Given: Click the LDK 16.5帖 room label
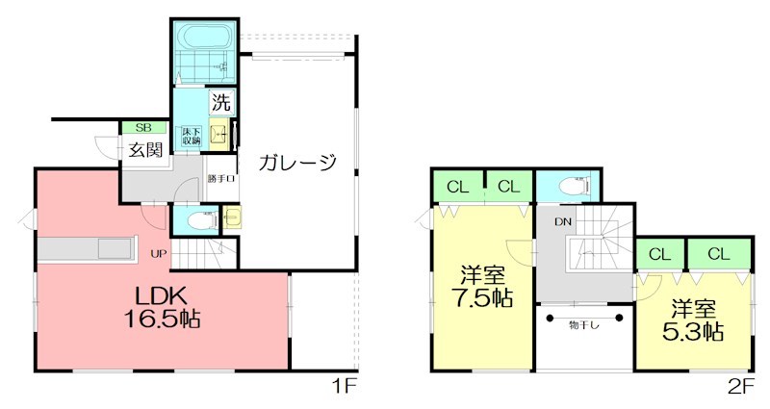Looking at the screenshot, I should (162, 306).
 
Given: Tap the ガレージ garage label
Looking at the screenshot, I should (297, 163).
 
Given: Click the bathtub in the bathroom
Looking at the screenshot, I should (202, 40).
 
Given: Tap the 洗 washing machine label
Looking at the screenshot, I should (220, 99).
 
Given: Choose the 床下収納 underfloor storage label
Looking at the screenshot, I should (190, 137).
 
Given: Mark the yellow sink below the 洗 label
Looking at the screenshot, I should (220, 135).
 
